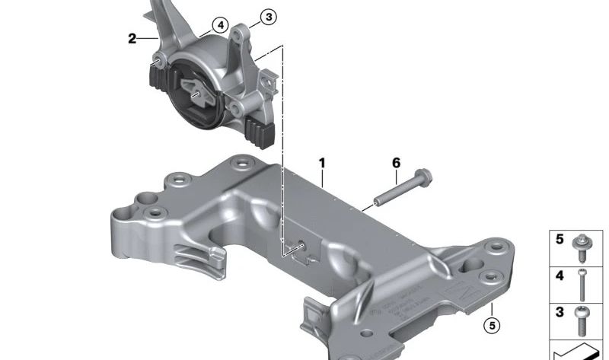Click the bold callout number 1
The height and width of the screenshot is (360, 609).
[322, 164]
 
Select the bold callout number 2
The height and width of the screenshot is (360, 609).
[132, 38]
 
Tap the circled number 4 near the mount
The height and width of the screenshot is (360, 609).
[219, 25]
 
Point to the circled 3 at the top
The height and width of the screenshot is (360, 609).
[267, 16]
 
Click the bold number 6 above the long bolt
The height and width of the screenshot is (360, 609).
[395, 163]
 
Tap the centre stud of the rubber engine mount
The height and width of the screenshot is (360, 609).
[196, 94]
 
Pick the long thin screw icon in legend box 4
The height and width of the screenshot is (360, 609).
[582, 284]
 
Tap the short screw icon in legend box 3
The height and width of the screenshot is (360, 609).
[582, 320]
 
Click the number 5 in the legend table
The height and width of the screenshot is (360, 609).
[560, 240]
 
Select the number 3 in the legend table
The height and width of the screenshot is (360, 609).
[560, 312]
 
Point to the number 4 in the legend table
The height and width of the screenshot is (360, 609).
[560, 276]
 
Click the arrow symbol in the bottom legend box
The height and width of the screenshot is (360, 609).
[579, 352]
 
